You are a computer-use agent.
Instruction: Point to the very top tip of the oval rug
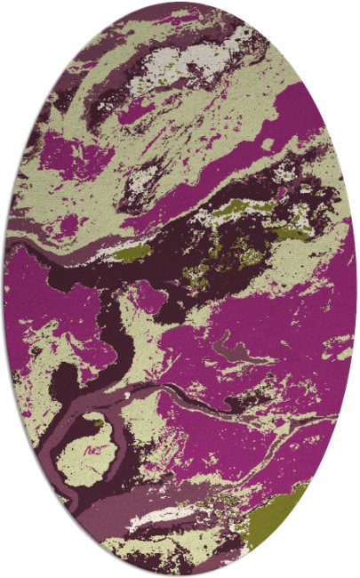click(x=180, y=3)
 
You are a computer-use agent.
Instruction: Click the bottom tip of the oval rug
click(x=180, y=574)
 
